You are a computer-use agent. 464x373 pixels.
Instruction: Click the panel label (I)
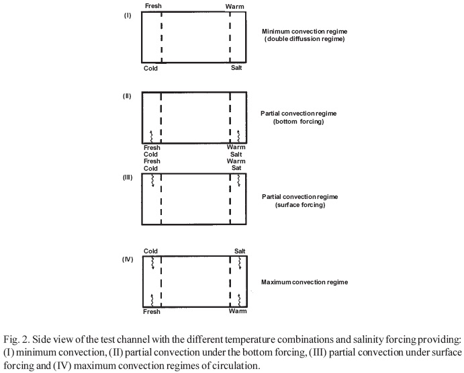[x=128, y=15]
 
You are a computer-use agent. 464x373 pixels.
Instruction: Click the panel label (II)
[x=127, y=96]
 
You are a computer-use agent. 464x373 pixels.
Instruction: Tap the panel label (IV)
[x=127, y=259]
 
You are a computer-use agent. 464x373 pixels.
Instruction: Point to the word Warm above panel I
[x=235, y=7]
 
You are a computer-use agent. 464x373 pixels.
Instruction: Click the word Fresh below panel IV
[x=152, y=312]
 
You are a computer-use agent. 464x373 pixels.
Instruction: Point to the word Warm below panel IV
[x=236, y=312]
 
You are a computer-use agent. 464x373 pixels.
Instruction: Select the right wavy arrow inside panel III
[x=239, y=181]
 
